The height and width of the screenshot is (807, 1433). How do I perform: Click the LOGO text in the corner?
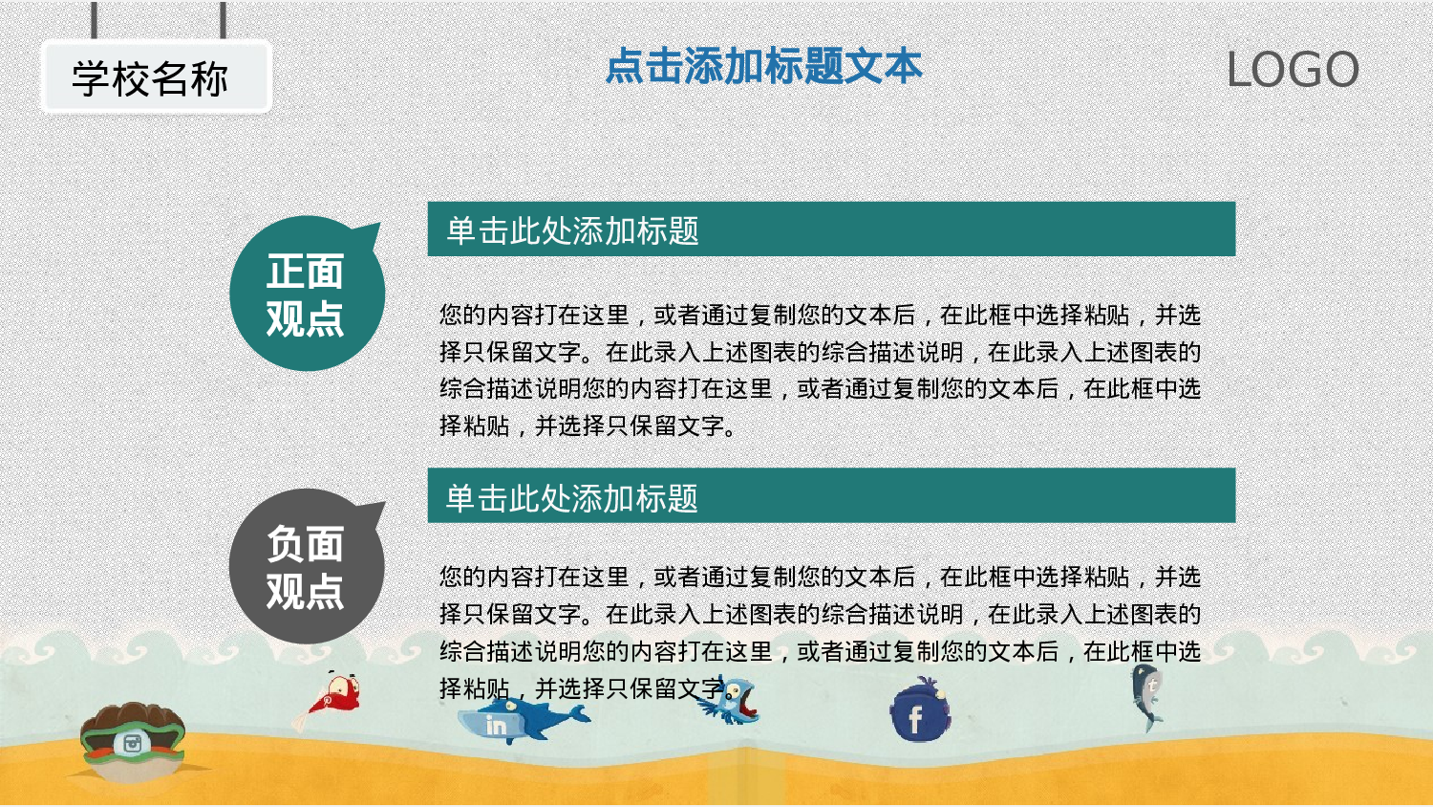[x=1293, y=70]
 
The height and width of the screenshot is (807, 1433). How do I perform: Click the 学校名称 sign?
[x=156, y=77]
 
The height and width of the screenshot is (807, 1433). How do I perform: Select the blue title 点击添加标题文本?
[x=763, y=66]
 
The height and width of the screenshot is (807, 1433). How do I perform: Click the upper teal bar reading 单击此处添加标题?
[x=831, y=229]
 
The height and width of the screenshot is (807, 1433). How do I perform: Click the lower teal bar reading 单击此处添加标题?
[x=831, y=496]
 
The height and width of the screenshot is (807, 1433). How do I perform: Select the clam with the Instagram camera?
[x=131, y=740]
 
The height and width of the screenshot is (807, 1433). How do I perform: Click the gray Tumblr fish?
[x=1147, y=696]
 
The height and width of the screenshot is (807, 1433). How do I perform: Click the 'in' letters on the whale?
[x=496, y=726]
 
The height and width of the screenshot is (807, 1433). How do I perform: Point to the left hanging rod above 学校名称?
[x=94, y=20]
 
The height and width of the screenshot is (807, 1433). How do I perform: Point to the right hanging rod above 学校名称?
[x=224, y=20]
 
